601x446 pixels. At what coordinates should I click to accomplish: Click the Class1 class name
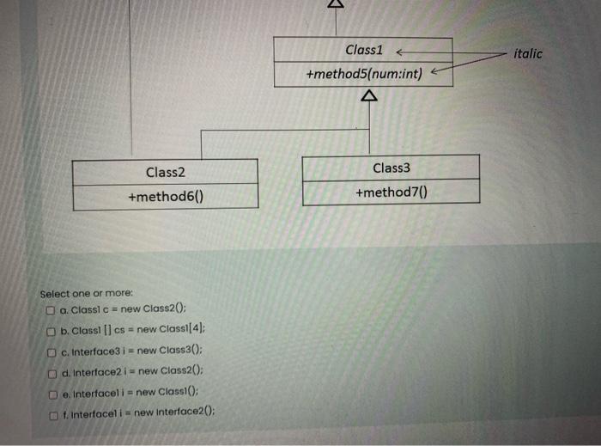click(364, 50)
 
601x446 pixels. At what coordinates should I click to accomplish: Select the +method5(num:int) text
click(364, 75)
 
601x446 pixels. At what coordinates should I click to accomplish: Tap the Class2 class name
click(165, 173)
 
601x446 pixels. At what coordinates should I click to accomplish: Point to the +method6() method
click(165, 198)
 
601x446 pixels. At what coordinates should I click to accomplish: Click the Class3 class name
click(392, 168)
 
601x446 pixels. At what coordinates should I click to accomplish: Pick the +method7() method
click(391, 192)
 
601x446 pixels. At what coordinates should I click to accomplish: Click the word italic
click(527, 53)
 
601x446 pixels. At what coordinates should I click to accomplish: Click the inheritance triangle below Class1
click(369, 96)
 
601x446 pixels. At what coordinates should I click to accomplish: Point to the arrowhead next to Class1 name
click(400, 51)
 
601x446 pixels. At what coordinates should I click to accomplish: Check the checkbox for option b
click(52, 330)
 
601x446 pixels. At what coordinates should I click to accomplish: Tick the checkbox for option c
click(52, 351)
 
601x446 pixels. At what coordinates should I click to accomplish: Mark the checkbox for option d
click(52, 371)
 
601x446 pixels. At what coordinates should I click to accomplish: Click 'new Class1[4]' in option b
click(171, 330)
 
